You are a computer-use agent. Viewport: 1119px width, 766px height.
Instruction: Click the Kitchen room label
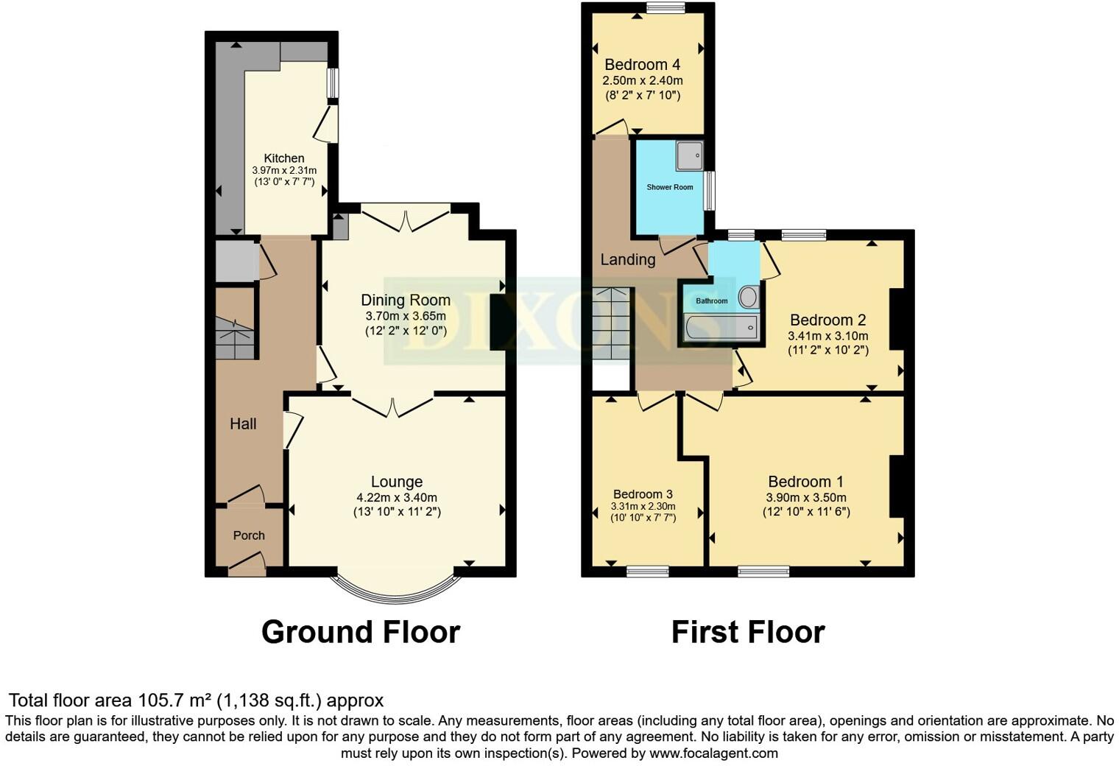point(284,158)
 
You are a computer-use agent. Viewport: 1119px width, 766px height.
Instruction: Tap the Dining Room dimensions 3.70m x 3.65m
point(405,316)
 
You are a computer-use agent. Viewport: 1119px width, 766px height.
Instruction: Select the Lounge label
point(396,482)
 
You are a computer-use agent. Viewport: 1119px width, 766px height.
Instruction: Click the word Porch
point(249,535)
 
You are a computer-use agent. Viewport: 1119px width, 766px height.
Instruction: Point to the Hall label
point(243,424)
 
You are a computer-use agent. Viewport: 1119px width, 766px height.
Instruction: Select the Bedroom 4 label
point(642,65)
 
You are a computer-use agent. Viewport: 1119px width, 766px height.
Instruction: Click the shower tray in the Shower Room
point(690,155)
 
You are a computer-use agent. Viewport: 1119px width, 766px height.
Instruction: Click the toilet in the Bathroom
point(748,298)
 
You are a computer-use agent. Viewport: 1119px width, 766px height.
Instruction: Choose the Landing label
point(627,259)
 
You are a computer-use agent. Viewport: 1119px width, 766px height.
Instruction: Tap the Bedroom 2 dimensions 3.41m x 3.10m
point(827,336)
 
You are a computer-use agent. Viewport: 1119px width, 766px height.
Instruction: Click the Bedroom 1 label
point(805,482)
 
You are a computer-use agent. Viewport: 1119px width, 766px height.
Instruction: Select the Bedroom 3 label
point(643,494)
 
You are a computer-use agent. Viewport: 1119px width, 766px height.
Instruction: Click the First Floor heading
point(748,632)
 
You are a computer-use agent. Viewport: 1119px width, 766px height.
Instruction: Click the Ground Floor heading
point(361,632)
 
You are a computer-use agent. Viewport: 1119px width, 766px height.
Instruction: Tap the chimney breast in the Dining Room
point(498,322)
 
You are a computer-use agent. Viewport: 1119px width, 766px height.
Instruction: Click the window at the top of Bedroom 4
point(666,8)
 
